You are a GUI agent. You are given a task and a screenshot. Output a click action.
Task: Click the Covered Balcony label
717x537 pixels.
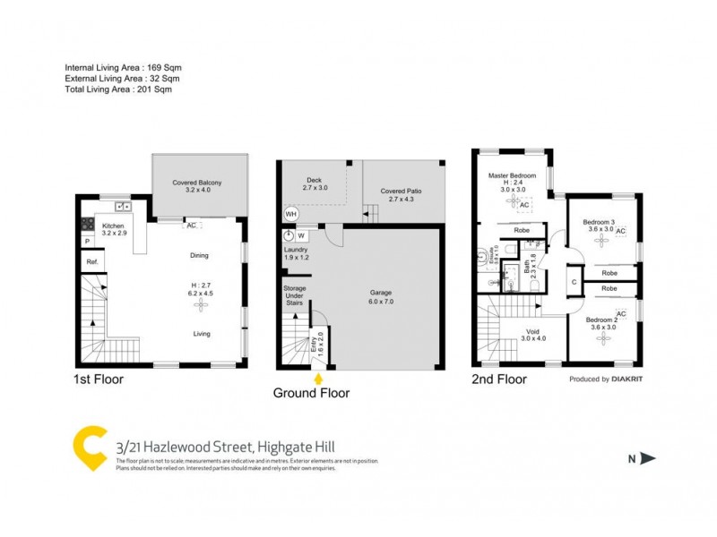(197, 183)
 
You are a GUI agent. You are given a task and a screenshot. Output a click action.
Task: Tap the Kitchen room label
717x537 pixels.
(113, 226)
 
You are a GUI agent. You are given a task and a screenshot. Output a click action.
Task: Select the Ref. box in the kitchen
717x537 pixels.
(91, 261)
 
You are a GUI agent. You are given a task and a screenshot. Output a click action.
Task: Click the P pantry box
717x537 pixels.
(88, 242)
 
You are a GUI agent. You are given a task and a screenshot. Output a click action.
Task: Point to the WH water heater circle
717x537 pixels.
(290, 215)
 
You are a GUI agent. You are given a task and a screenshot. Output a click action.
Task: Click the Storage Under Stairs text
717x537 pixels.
(295, 296)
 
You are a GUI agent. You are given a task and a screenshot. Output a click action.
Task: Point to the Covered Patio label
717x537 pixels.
(401, 192)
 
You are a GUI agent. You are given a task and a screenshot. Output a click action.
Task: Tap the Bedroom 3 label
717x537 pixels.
(599, 222)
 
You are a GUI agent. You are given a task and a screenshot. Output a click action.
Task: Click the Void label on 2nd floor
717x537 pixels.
(533, 332)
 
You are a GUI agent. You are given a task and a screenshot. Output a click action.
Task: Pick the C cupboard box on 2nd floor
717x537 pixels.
(574, 282)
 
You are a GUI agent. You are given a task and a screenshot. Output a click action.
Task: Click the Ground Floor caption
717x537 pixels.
(312, 393)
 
